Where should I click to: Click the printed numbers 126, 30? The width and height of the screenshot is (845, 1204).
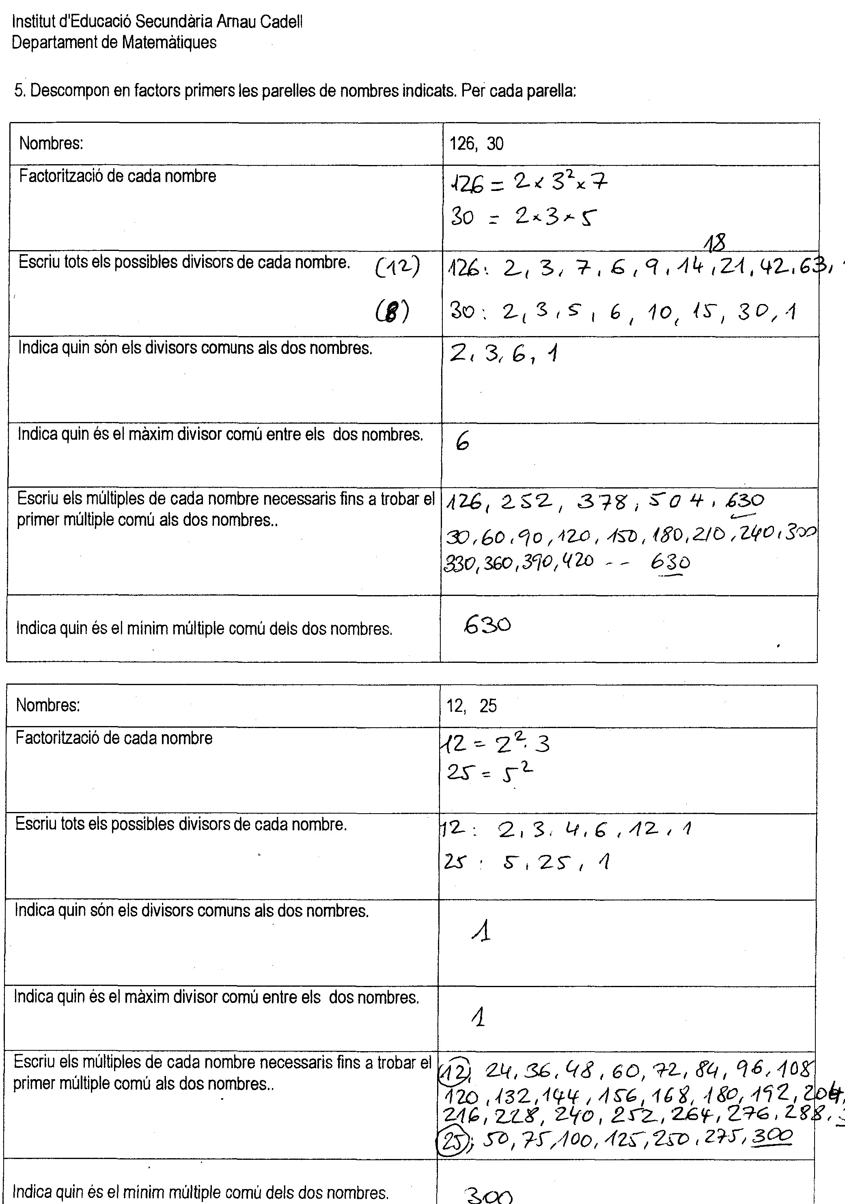476,144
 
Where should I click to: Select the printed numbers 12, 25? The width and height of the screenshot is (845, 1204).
471,706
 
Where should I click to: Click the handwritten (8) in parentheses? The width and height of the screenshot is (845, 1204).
392,312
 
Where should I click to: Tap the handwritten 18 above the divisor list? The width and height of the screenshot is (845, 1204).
714,243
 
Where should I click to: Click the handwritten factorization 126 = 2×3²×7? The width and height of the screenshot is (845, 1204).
528,183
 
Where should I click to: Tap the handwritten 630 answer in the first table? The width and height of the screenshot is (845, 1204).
487,625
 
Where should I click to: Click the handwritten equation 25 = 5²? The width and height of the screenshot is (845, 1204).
489,772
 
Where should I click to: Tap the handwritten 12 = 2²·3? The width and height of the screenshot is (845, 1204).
495,743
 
